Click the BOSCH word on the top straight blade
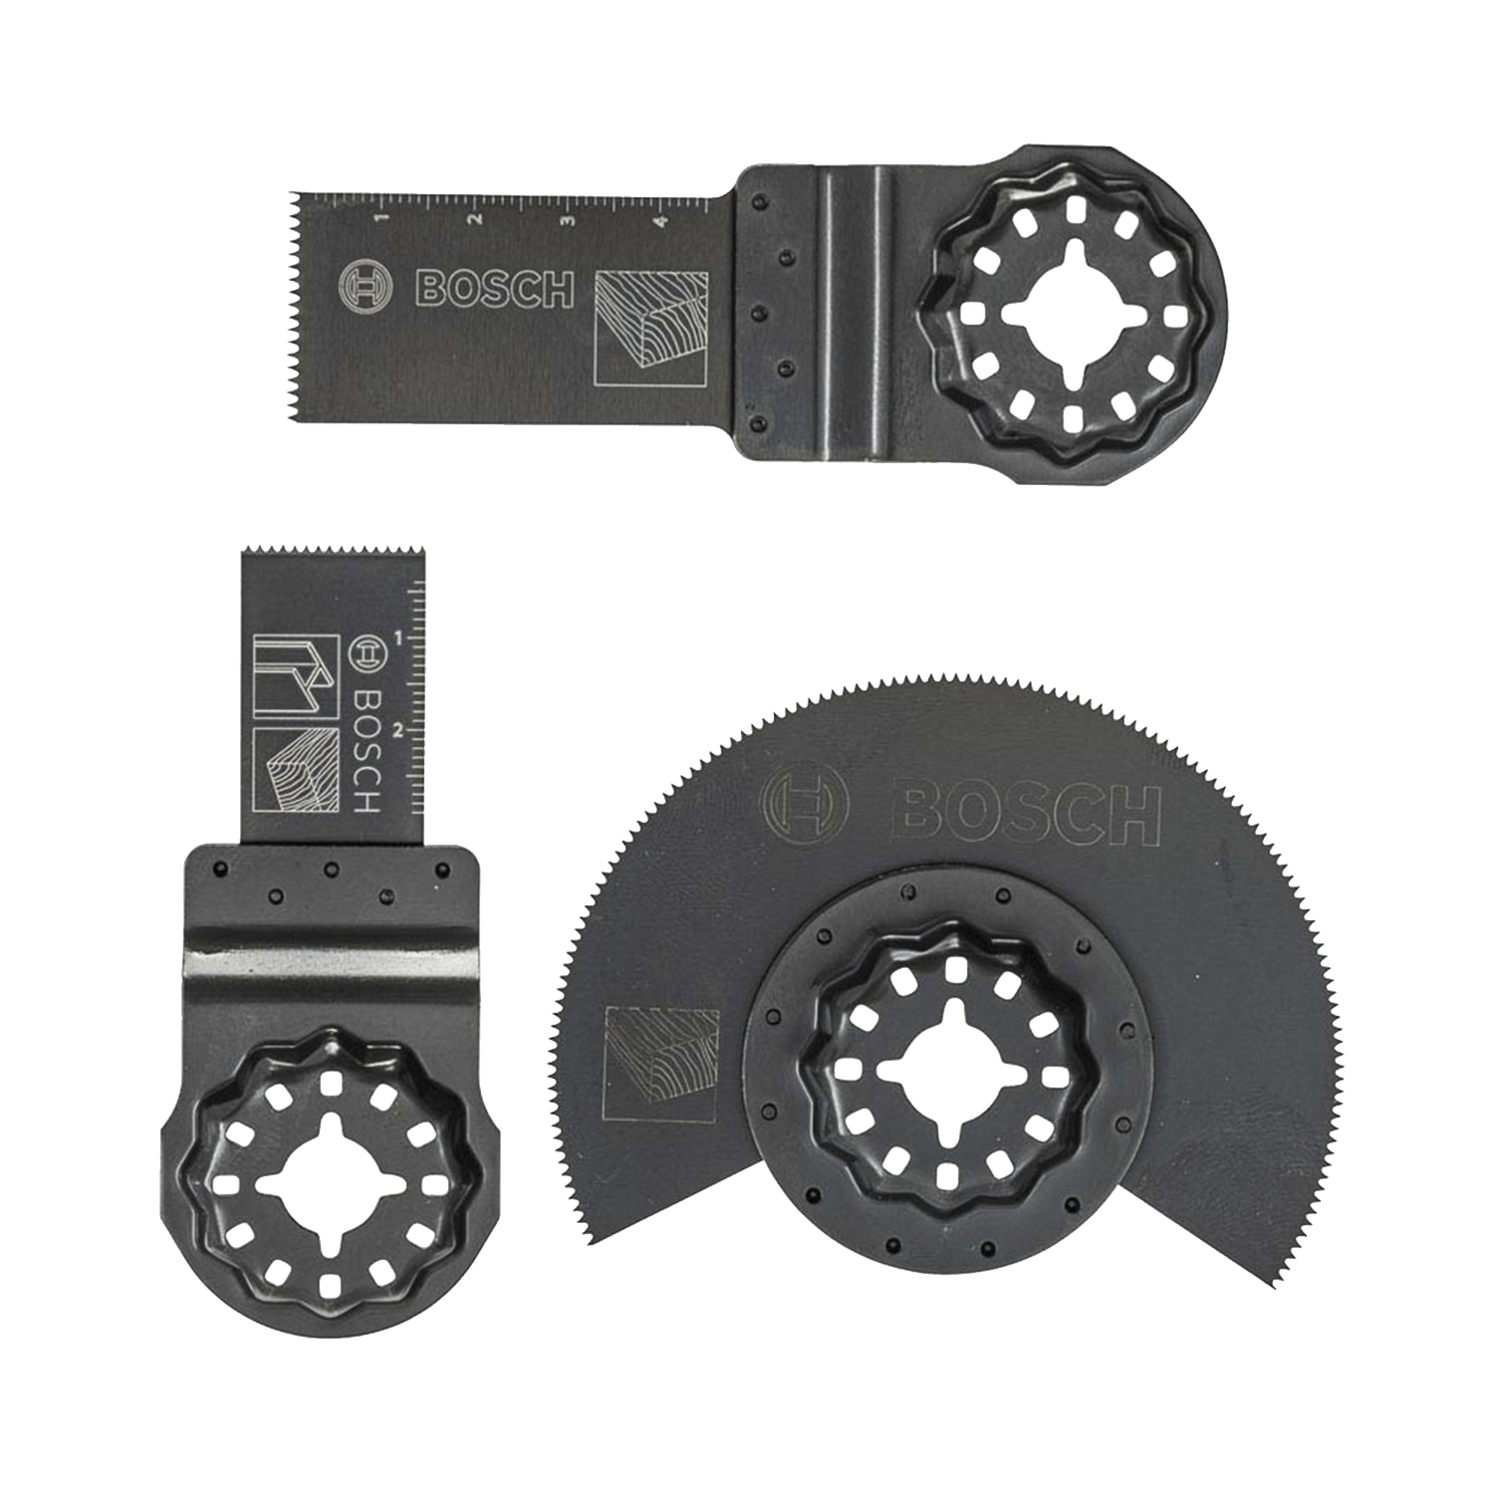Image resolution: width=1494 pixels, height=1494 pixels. coord(494,289)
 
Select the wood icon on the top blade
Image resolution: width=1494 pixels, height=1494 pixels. coord(651,328)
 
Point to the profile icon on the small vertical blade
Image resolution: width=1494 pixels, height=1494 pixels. coord(295,675)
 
